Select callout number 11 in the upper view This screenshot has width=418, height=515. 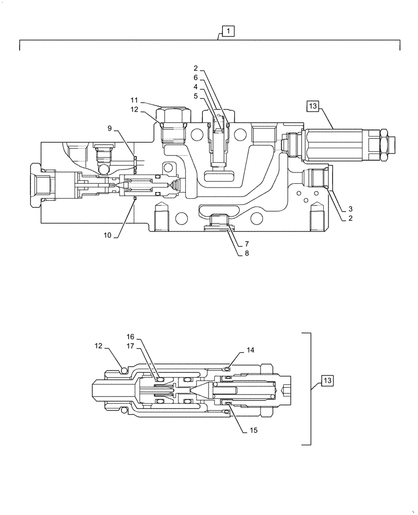[134, 100]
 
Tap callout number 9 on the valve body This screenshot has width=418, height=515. [110, 128]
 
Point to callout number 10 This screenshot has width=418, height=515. [108, 235]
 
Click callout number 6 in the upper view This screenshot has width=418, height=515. [196, 77]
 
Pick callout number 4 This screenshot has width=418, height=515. [196, 87]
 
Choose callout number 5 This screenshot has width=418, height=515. [196, 95]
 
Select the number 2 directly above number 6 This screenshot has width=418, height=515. [196, 68]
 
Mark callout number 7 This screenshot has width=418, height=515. [247, 243]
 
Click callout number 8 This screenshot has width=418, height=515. [247, 253]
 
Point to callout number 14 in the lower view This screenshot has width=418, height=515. [250, 351]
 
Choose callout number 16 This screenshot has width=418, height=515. [131, 337]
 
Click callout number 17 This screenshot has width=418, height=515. [131, 346]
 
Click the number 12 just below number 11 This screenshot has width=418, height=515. [134, 109]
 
